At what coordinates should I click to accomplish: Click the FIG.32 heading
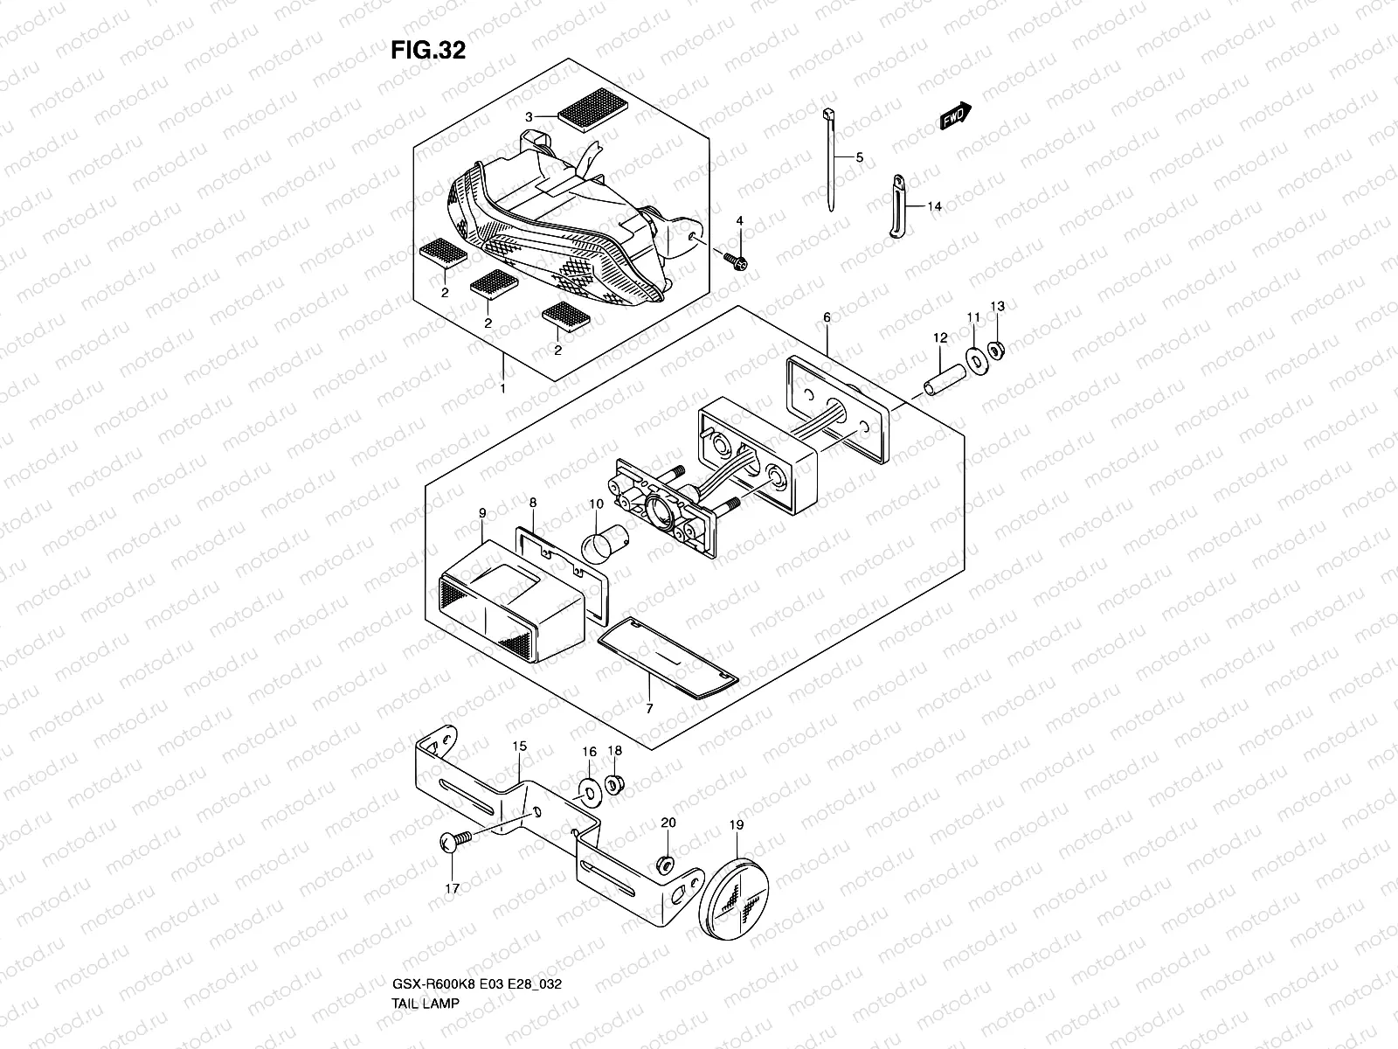point(427,51)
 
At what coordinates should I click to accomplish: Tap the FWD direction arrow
point(956,116)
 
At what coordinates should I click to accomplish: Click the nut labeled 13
point(998,348)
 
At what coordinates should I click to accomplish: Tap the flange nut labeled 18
point(614,784)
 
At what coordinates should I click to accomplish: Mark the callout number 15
point(520,746)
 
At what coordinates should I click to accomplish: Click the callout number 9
point(481,512)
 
